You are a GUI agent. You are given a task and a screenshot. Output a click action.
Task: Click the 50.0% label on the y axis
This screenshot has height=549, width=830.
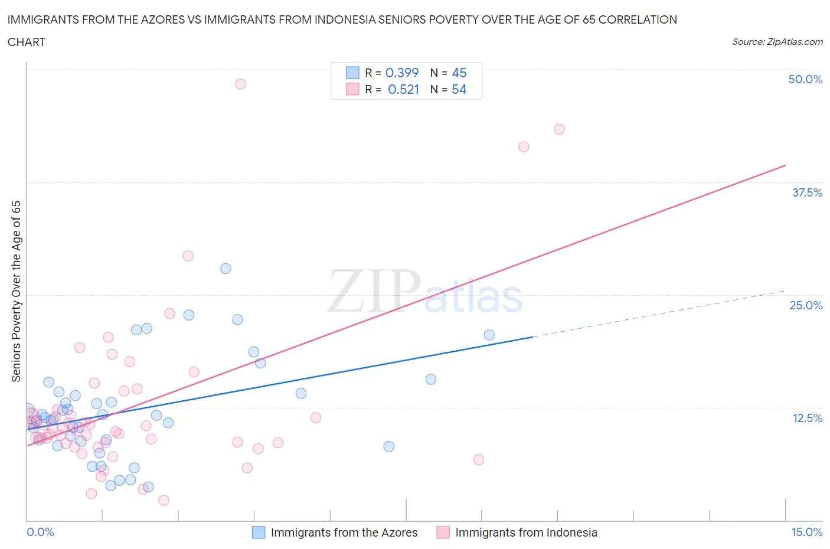805,79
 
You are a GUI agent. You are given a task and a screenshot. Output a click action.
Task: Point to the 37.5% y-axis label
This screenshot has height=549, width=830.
807,192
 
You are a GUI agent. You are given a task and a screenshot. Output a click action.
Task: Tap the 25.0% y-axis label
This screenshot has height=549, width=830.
806,305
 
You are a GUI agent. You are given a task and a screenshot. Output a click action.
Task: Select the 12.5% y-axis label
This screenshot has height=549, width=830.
807,418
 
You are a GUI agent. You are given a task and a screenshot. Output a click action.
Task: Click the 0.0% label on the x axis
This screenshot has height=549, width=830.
40,532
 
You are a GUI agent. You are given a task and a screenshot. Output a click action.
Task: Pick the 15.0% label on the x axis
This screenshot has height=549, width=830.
806,532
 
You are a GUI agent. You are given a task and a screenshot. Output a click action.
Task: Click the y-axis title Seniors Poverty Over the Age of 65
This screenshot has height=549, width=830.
17,292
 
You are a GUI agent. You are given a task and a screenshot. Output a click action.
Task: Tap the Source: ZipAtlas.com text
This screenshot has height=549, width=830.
777,42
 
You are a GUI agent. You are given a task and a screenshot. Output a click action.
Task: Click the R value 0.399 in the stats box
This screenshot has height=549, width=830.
401,73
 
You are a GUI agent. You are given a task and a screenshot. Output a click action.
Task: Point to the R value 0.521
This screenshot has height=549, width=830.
403,89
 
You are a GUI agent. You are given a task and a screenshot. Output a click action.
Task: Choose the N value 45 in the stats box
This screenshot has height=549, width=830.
459,73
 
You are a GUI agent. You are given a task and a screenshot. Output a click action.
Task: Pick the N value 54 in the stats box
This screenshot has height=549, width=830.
459,89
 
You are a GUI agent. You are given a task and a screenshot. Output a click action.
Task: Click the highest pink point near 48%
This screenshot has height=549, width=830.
240,84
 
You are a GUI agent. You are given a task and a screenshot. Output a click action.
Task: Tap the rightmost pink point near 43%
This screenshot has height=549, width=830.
559,129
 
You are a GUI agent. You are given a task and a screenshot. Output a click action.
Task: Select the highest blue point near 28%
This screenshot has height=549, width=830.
226,269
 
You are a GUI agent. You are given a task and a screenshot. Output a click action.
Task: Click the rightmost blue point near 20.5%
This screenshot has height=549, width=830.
489,335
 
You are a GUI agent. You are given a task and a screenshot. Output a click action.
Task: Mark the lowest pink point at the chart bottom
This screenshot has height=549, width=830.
164,500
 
